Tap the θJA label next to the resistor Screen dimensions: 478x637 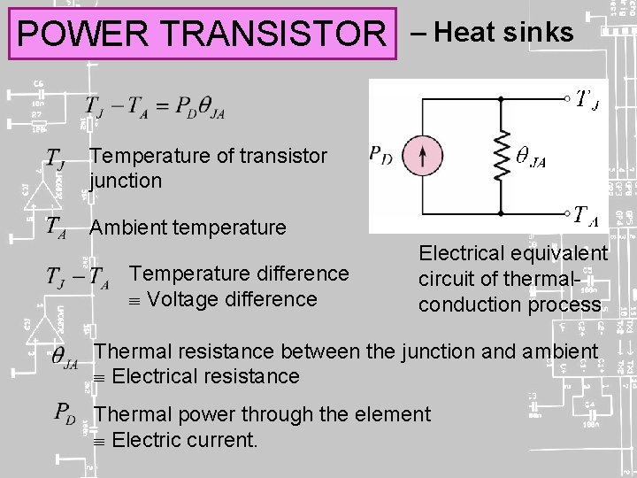point(531,159)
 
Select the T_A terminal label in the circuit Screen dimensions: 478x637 point(586,214)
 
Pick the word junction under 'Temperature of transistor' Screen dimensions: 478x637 point(126,181)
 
